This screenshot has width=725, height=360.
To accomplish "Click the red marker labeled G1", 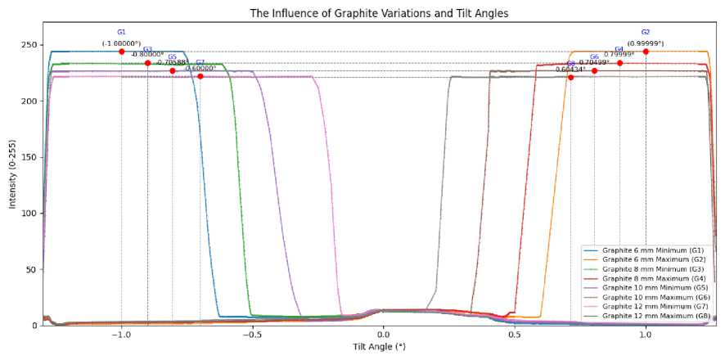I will pyautogui.click(x=121, y=52).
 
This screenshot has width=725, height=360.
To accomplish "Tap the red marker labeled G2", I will pyautogui.click(x=646, y=52).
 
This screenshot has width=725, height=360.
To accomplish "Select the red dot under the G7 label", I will pyautogui.click(x=200, y=76).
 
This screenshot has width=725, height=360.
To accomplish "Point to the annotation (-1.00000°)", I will pyautogui.click(x=121, y=43).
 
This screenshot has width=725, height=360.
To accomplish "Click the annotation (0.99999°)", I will pyautogui.click(x=646, y=43).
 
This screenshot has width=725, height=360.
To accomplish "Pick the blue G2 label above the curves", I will pyautogui.click(x=646, y=33).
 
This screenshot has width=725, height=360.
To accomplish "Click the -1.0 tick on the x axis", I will pyautogui.click(x=121, y=335).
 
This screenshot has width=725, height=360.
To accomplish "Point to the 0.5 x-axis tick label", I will pyautogui.click(x=515, y=335).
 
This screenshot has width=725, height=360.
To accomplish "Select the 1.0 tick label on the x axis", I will pyautogui.click(x=646, y=335).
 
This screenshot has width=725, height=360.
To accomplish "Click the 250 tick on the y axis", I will pyautogui.click(x=29, y=45).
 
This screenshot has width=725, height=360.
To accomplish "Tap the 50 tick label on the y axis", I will pyautogui.click(x=31, y=269).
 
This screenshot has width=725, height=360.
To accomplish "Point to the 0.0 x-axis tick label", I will pyautogui.click(x=383, y=335).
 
